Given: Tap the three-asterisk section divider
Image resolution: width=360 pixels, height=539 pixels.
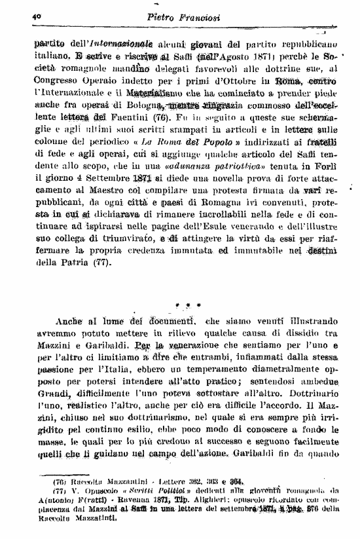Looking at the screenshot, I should point(189,305).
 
